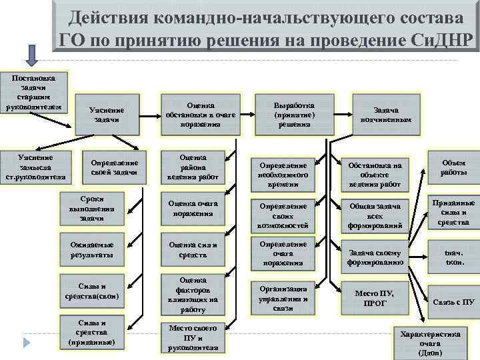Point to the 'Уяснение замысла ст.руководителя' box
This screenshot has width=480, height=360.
35,167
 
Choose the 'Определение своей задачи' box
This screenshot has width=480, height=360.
114,167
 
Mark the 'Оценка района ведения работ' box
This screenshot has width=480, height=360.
193,167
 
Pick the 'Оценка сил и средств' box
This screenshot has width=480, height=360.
193,249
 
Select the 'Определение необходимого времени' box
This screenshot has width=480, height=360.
288,174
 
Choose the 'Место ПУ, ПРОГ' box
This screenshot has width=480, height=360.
375,298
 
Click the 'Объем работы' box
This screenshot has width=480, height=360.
453,167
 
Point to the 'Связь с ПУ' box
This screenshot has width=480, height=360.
454,301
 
